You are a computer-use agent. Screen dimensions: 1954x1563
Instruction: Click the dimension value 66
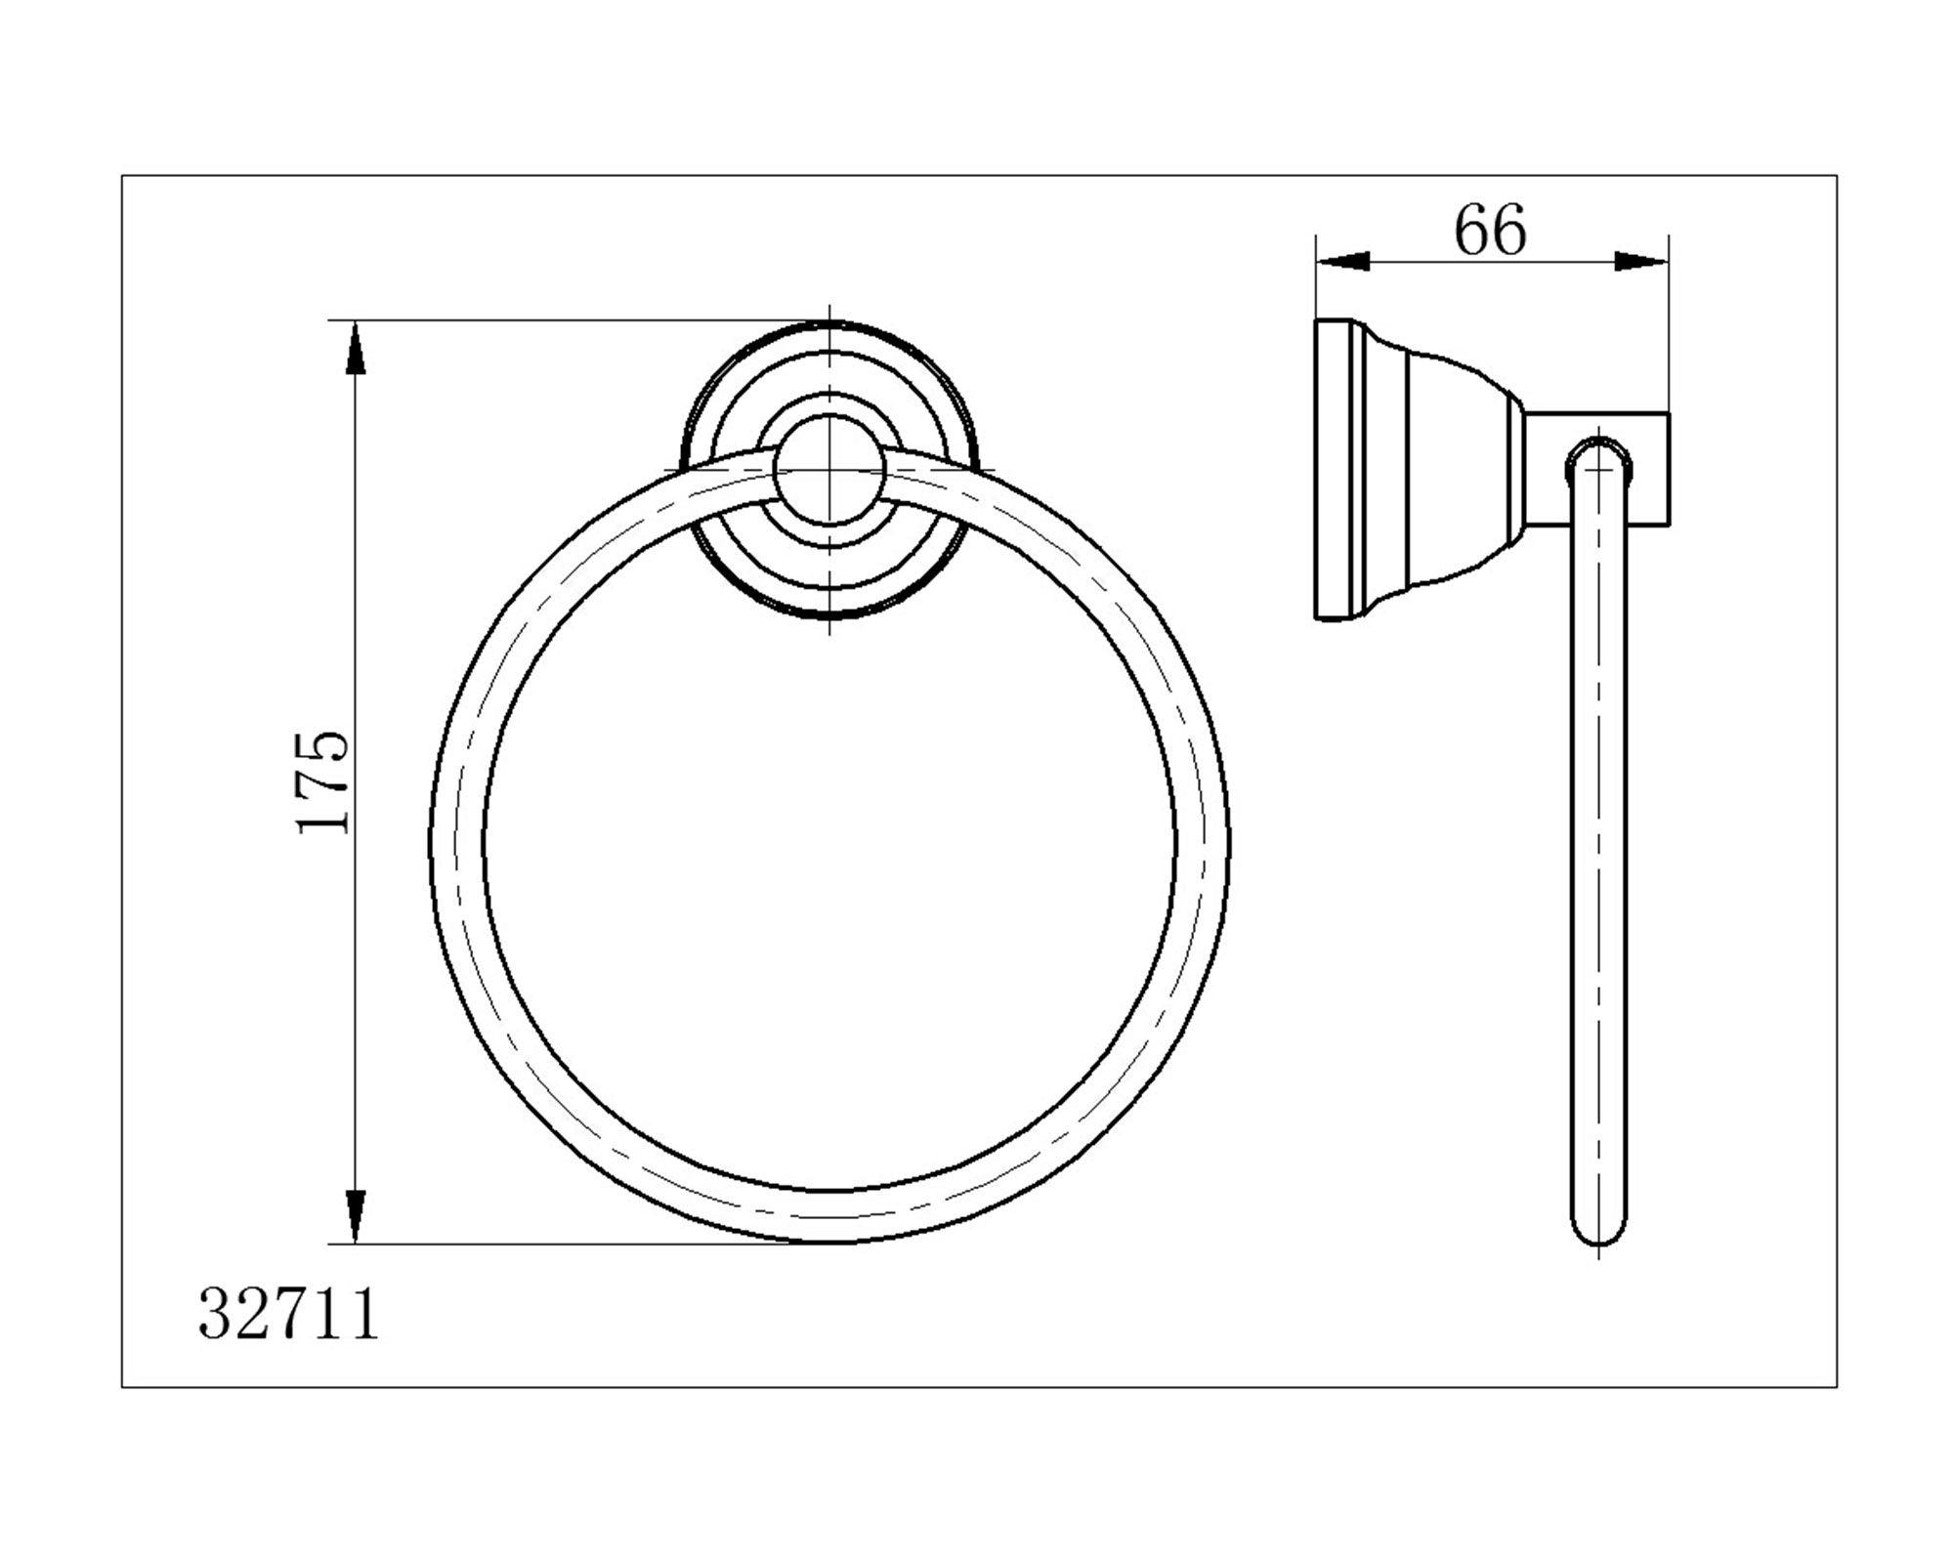click(1490, 232)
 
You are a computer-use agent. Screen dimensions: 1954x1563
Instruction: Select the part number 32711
click(289, 1315)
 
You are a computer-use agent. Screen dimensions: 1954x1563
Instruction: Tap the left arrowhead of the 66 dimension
click(1342, 261)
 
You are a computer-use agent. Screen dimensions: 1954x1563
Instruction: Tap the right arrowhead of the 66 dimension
click(1641, 261)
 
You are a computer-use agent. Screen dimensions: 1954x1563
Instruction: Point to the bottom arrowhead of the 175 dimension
click(357, 1217)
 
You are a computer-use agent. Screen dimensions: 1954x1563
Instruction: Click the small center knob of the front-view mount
click(829, 470)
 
